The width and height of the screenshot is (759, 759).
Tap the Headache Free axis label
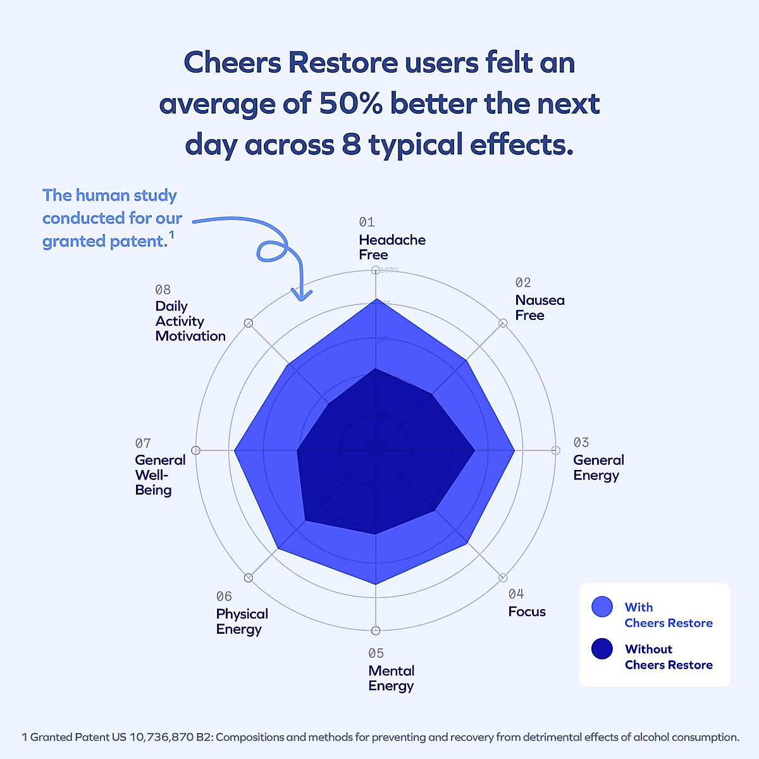(x=392, y=247)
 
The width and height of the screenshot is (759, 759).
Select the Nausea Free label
(x=540, y=307)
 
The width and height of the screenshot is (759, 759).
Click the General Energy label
(x=598, y=467)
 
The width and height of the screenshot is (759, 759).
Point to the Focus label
(x=527, y=612)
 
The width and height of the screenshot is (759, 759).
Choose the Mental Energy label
(x=391, y=678)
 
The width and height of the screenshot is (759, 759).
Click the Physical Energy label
(x=242, y=621)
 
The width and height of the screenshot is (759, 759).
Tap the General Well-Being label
(x=159, y=474)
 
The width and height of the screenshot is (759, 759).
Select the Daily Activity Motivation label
(x=190, y=321)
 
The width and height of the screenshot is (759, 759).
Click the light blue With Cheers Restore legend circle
(x=602, y=607)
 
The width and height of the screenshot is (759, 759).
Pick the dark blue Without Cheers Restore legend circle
(x=602, y=649)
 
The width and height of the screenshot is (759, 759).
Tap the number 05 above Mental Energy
(x=376, y=653)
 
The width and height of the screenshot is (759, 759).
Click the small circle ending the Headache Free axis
(x=376, y=270)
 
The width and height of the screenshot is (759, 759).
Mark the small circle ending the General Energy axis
(x=555, y=450)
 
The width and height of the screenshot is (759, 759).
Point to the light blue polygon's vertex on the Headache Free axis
(x=376, y=299)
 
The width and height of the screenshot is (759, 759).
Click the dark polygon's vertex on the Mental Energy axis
(x=376, y=534)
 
